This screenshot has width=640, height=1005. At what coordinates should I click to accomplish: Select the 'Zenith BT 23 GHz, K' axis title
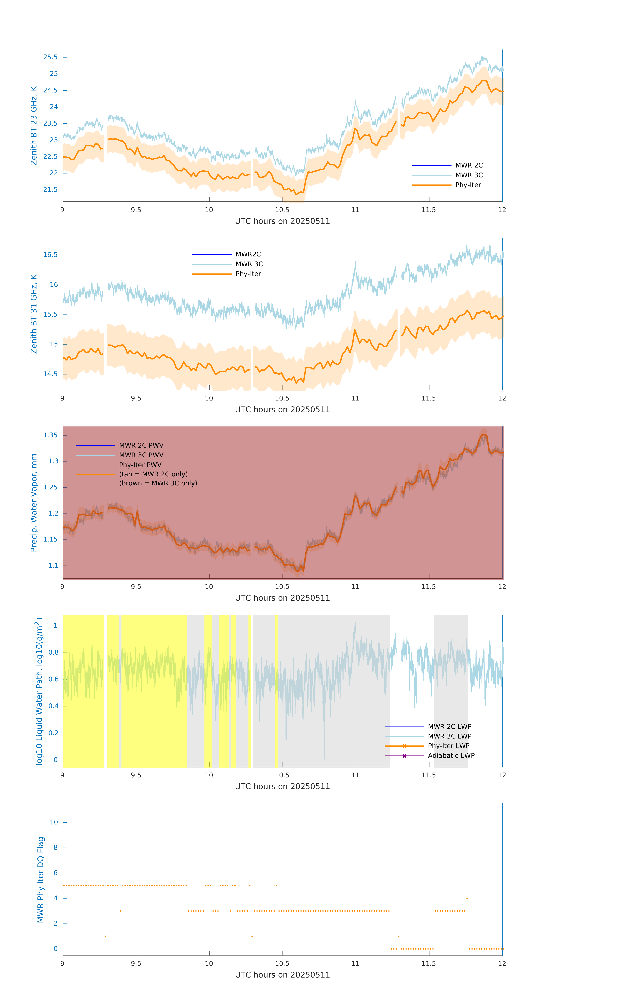pyautogui.click(x=34, y=126)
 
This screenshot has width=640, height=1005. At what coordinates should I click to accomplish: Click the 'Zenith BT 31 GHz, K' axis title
pyautogui.click(x=34, y=314)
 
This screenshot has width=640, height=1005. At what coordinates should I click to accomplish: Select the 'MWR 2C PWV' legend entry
pyautogui.click(x=141, y=445)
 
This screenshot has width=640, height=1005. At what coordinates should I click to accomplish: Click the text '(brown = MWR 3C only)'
pyautogui.click(x=158, y=483)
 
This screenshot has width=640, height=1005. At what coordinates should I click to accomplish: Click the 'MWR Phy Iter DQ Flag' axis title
pyautogui.click(x=40, y=879)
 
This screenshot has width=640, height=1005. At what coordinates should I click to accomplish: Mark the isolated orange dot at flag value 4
pyautogui.click(x=467, y=898)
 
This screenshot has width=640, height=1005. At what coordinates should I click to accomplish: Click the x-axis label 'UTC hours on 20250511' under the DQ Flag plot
pyautogui.click(x=282, y=975)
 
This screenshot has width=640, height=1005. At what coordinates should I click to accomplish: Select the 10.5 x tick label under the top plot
pyautogui.click(x=282, y=210)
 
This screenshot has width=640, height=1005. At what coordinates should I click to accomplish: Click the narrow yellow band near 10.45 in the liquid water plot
pyautogui.click(x=276, y=691)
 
